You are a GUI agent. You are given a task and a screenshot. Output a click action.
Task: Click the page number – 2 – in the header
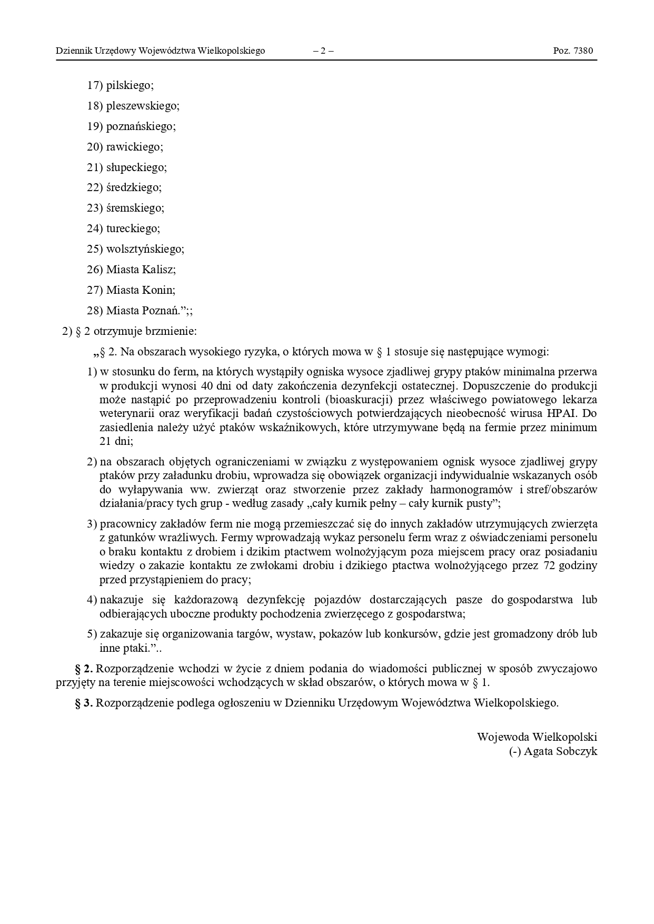click(323, 51)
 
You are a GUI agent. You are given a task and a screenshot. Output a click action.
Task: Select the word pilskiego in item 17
click(130, 85)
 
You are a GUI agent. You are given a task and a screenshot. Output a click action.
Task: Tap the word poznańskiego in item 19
click(141, 126)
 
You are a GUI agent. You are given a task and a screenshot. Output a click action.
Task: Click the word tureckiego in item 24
click(133, 228)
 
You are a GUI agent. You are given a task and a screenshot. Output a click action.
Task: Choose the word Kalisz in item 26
click(158, 270)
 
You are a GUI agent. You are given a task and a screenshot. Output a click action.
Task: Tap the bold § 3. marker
click(84, 703)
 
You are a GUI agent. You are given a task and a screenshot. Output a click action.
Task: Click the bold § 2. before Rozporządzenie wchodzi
click(84, 669)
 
